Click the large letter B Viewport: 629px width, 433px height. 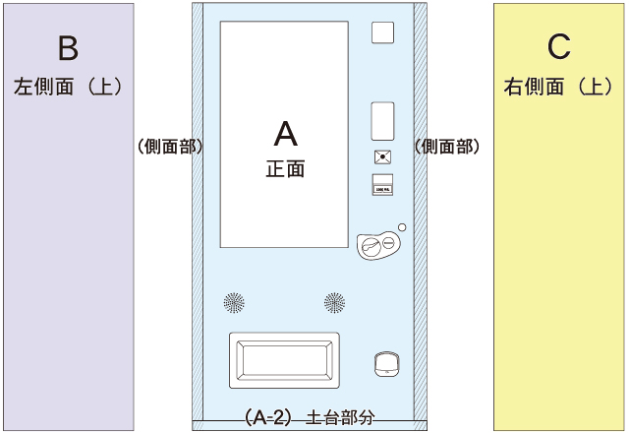click(68, 47)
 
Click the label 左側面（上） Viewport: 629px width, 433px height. click(68, 87)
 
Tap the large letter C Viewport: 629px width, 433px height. click(558, 47)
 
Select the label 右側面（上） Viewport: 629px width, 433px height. click(558, 87)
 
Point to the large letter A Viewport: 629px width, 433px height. click(285, 133)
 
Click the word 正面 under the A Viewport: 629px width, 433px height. click(285, 168)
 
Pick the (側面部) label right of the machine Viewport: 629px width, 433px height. click(447, 147)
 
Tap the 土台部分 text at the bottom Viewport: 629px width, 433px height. click(341, 416)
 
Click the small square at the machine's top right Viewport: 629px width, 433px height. click(382, 32)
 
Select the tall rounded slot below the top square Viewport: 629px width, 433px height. click(382, 120)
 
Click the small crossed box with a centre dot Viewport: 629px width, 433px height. click(382, 156)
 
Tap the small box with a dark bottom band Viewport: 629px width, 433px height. click(382, 182)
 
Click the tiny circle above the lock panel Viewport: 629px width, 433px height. click(402, 227)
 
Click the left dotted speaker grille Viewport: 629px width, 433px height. click(234, 302)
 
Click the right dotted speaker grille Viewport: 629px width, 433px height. click(335, 302)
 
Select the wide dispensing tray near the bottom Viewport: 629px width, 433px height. click(284, 358)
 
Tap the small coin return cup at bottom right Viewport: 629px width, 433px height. click(385, 364)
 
